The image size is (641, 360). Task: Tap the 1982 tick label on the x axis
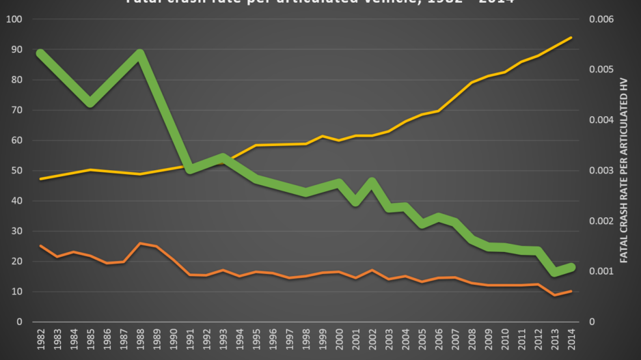[41, 340]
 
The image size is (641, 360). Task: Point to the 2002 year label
[372, 340]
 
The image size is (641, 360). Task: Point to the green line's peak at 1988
[140, 53]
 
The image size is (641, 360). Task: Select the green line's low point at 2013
[554, 273]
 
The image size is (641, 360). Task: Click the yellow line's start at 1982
[41, 179]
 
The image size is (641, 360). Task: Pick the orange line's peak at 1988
[140, 243]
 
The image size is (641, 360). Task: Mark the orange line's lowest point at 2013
[554, 295]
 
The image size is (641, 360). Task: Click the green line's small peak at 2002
[372, 181]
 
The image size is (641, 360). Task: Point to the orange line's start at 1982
[41, 246]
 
